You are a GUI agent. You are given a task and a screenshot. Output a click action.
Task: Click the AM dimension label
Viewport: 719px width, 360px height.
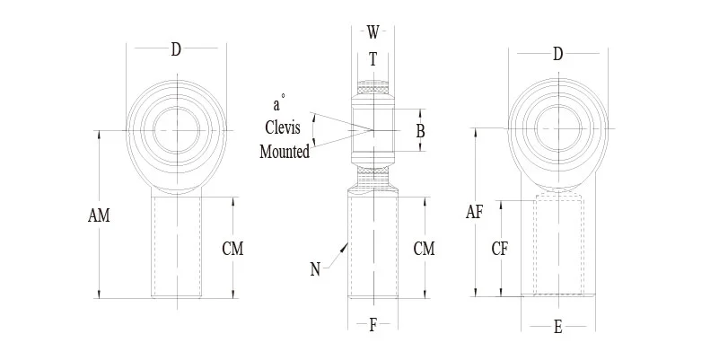99,216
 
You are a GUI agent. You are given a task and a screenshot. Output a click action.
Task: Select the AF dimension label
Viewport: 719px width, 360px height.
475,213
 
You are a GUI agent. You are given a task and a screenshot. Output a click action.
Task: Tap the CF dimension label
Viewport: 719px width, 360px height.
500,250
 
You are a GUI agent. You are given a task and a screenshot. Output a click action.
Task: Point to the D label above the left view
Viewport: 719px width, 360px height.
176,49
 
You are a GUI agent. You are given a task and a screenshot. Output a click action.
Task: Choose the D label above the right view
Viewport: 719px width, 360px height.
557,55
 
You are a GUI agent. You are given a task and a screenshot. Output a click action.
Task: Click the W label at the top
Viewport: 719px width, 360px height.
373,32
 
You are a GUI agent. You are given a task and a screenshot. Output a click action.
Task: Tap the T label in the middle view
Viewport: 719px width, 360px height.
373,59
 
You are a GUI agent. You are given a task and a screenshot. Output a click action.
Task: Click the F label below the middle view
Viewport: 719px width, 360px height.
373,325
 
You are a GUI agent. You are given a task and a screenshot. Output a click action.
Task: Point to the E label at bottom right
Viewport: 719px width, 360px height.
557,329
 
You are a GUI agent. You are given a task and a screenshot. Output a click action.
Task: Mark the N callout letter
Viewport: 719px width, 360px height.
315,268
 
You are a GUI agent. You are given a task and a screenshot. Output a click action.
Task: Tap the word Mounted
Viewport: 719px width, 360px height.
285,152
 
